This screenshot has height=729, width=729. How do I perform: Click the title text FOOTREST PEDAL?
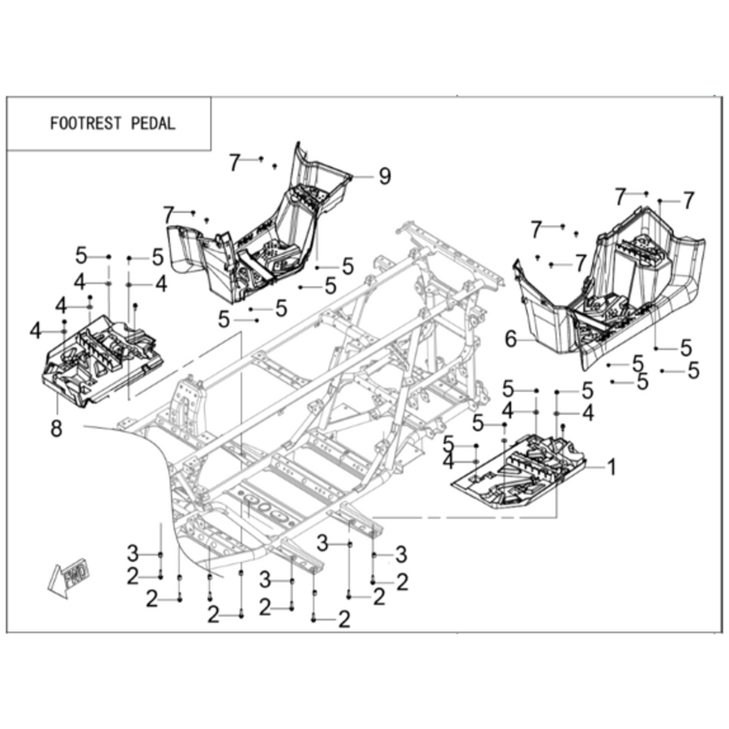[113, 124]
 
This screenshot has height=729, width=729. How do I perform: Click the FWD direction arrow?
[70, 577]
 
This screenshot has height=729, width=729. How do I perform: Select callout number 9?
[385, 177]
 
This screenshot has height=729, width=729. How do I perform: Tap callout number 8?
[56, 428]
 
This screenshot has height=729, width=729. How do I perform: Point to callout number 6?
[510, 339]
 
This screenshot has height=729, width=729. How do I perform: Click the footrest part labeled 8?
[102, 359]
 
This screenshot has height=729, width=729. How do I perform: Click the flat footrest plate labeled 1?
[519, 472]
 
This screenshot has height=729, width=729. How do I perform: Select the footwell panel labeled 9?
[260, 228]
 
